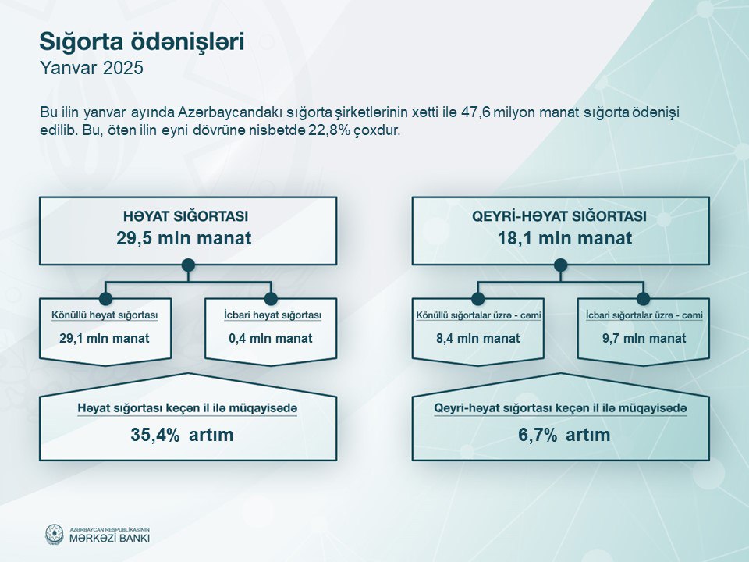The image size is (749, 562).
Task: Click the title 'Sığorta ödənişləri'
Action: click(x=142, y=42)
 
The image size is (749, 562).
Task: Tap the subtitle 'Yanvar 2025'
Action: click(x=91, y=68)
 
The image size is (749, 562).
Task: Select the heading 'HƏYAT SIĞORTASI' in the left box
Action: click(x=186, y=216)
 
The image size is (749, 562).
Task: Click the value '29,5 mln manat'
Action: click(x=184, y=238)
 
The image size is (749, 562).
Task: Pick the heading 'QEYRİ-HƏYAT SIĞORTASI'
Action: click(x=559, y=216)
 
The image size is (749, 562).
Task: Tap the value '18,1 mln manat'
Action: click(x=565, y=238)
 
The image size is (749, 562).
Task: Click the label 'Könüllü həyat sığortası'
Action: click(x=105, y=315)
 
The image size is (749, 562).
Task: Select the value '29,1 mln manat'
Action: click(x=105, y=338)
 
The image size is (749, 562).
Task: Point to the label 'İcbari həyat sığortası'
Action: click(x=273, y=315)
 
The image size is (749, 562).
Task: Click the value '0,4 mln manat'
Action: click(x=271, y=338)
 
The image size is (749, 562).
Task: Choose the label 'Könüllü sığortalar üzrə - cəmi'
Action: click(x=478, y=315)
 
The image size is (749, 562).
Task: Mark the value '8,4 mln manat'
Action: click(x=477, y=338)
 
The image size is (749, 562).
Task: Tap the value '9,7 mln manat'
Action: click(x=644, y=338)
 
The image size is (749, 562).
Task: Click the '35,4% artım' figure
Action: click(x=182, y=435)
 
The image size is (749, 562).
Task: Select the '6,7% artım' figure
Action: click(x=564, y=435)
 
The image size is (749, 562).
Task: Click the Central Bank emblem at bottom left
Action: click(x=54, y=534)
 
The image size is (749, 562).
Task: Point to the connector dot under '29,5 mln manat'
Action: click(x=188, y=265)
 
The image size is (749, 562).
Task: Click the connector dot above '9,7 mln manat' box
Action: click(x=644, y=299)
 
